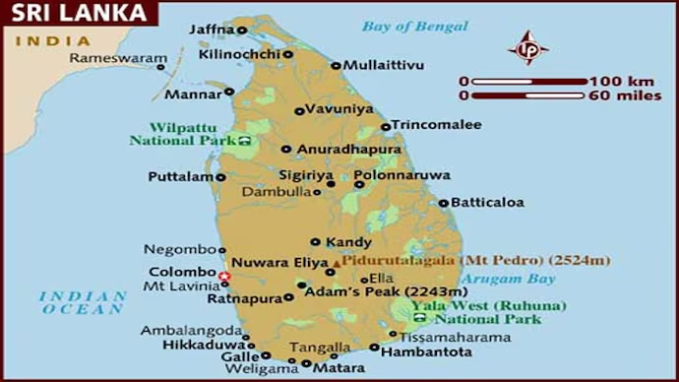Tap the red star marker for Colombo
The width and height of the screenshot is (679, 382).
[x=224, y=276]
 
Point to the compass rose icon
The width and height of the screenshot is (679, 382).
[x=527, y=47]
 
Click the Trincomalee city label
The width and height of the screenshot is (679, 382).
[x=437, y=125]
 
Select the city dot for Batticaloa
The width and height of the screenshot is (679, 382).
[x=444, y=203]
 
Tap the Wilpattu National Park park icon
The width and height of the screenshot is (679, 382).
[x=244, y=141]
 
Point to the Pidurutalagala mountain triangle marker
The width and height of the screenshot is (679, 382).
[x=338, y=263]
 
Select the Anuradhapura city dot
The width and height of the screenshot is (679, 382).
[x=286, y=150]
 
